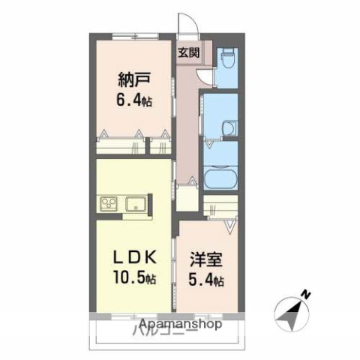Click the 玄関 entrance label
189,52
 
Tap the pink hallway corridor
187,120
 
